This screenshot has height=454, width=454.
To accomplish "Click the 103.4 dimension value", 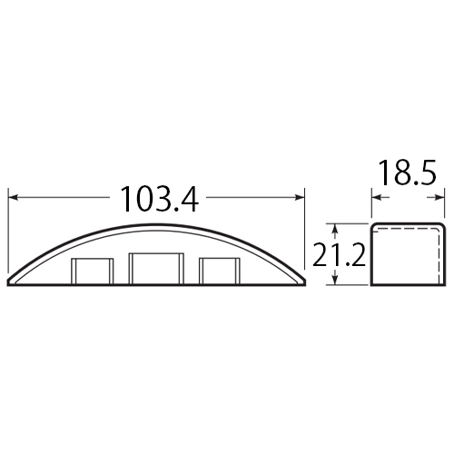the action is tap(160, 199).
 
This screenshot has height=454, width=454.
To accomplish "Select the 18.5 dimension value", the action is tap(407, 173).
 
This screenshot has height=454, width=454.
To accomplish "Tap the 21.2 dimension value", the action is tap(339, 255).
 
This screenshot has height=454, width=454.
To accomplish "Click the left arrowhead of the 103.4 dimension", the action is tap(14, 198).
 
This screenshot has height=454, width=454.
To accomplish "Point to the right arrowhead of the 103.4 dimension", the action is tap(300, 198).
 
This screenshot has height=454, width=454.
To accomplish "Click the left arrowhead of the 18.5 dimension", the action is tap(377, 198).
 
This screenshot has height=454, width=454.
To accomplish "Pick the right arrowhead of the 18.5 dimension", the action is tap(439, 198).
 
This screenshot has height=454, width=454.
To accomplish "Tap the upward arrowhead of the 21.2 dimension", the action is tap(335, 229).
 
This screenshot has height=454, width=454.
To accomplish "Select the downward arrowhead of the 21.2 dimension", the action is tap(335, 280).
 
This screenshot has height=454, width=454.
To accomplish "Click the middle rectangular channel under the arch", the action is tap(156, 269).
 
